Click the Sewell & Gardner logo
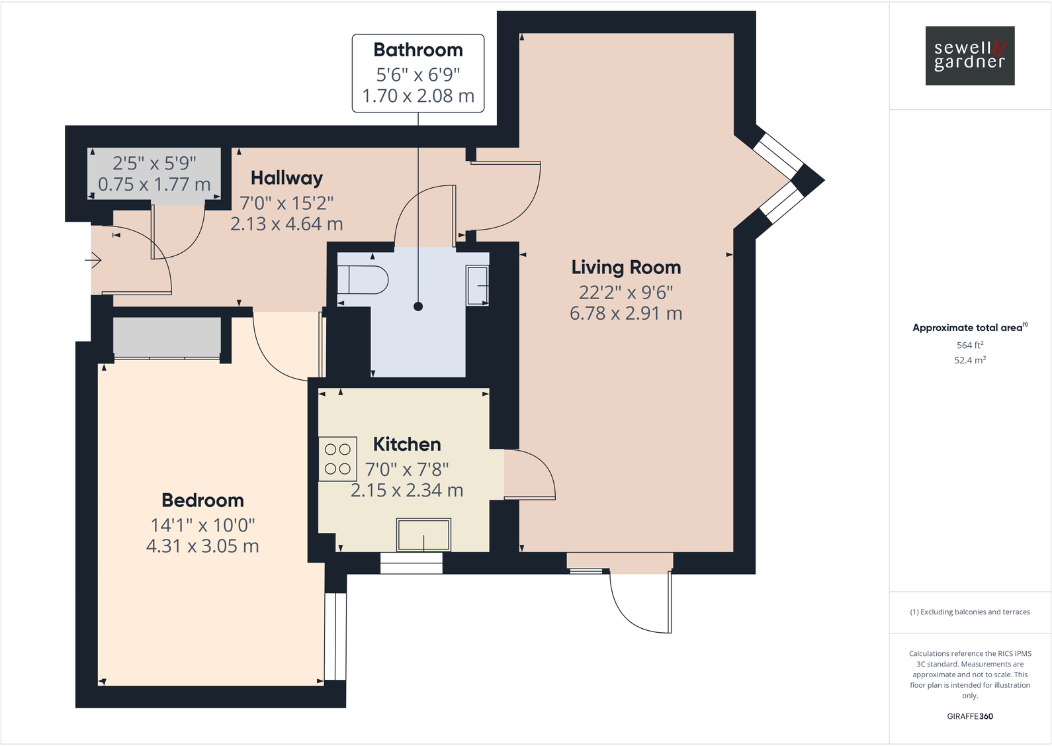click(969, 56)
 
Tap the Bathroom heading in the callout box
click(418, 50)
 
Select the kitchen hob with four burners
click(337, 459)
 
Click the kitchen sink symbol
click(423, 535)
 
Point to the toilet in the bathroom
click(363, 280)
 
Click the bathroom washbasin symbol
click(478, 285)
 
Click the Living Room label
click(626, 267)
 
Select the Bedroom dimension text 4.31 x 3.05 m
click(202, 546)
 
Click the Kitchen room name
click(407, 444)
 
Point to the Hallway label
click(286, 178)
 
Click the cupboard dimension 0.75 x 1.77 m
click(154, 185)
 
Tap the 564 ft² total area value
click(969, 345)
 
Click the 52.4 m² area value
click(969, 360)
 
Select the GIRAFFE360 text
click(969, 716)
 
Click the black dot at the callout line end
click(418, 306)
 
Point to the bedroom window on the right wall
click(335, 636)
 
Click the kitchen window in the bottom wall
click(412, 563)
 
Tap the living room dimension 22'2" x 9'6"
click(626, 292)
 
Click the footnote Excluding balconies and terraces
click(969, 612)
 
